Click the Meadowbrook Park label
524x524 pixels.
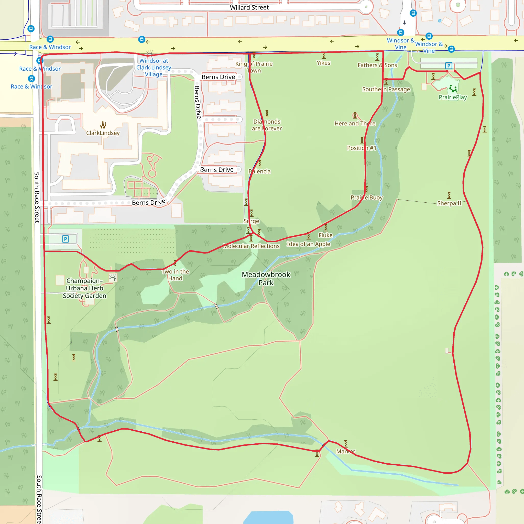point(266,279)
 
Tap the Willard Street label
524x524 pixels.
point(249,8)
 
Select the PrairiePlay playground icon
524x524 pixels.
point(453,88)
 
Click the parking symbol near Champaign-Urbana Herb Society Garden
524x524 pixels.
point(65,239)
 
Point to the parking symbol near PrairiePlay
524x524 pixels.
point(449,66)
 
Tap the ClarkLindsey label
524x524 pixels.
point(103,133)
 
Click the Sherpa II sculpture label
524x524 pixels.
point(449,203)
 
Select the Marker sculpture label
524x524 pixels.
point(345,451)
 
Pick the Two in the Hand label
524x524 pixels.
point(176,275)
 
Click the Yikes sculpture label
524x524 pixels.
point(323,63)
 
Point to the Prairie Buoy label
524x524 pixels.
point(366,198)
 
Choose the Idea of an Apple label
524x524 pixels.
point(308,244)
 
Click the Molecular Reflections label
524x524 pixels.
point(251,246)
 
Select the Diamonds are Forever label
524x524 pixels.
point(267,125)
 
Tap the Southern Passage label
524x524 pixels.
point(386,89)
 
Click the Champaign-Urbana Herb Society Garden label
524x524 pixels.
point(84,288)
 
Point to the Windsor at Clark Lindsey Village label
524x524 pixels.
point(154,68)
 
